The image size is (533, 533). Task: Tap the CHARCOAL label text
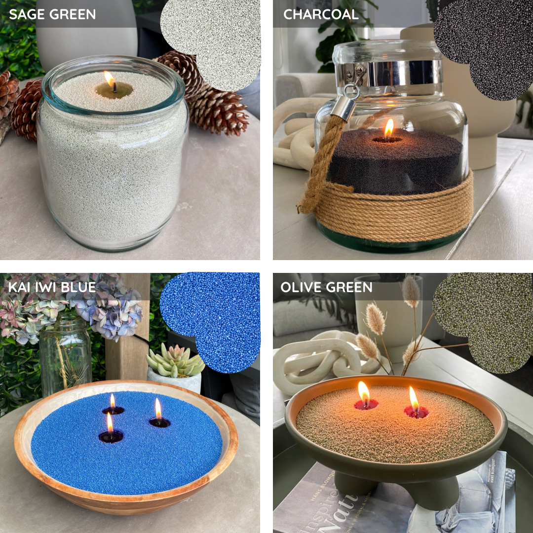coord(321,14)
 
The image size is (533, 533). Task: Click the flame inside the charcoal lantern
coord(389,128)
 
